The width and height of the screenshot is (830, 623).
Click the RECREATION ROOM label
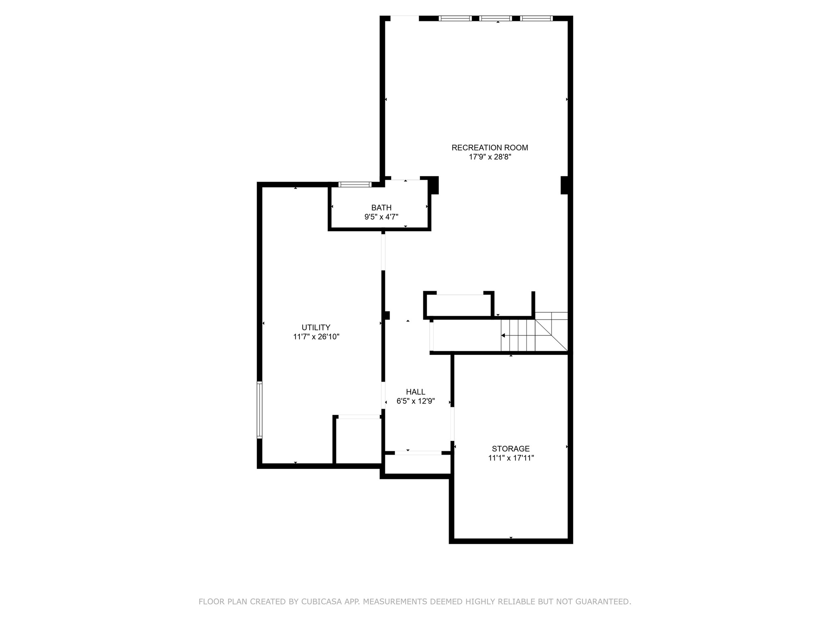[x=490, y=148]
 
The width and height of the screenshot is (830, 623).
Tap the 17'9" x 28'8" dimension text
[x=490, y=157]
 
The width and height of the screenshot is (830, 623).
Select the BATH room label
[x=381, y=208]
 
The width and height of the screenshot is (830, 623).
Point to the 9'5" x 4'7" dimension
[x=381, y=217]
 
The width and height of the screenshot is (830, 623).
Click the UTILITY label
[x=316, y=327]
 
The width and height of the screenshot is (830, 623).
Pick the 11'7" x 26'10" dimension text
[x=316, y=337]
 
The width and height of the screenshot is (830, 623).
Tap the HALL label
[x=416, y=392]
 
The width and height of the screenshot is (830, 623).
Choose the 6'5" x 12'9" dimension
[x=416, y=401]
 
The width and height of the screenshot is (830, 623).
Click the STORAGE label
[x=511, y=449]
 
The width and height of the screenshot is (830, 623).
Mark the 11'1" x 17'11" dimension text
[x=511, y=458]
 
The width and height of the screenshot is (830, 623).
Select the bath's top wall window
[x=355, y=185]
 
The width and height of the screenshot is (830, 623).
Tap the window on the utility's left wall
[x=260, y=410]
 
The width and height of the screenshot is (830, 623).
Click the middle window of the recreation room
[x=496, y=18]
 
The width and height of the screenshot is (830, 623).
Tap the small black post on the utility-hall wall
[x=387, y=316]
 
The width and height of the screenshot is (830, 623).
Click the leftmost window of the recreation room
[x=456, y=18]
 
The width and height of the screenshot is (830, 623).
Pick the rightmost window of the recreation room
[x=537, y=18]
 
